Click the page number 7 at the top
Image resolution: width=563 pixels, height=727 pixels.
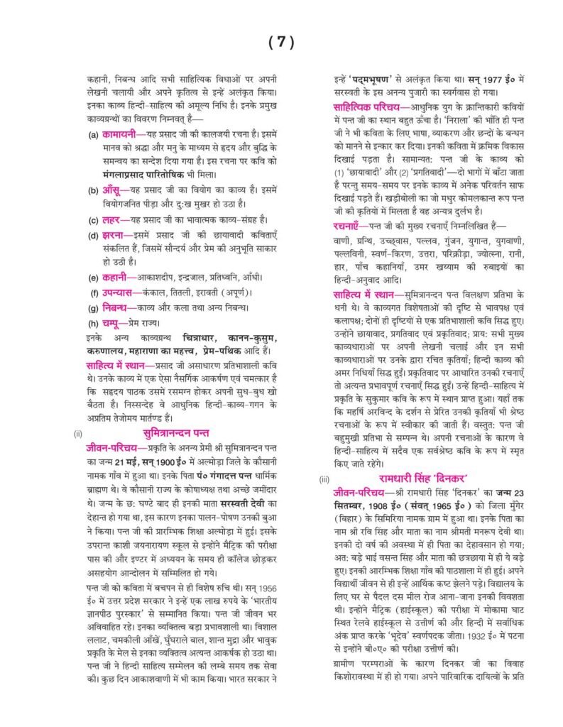[281, 43]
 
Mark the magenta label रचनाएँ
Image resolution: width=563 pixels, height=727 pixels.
[353, 225]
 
